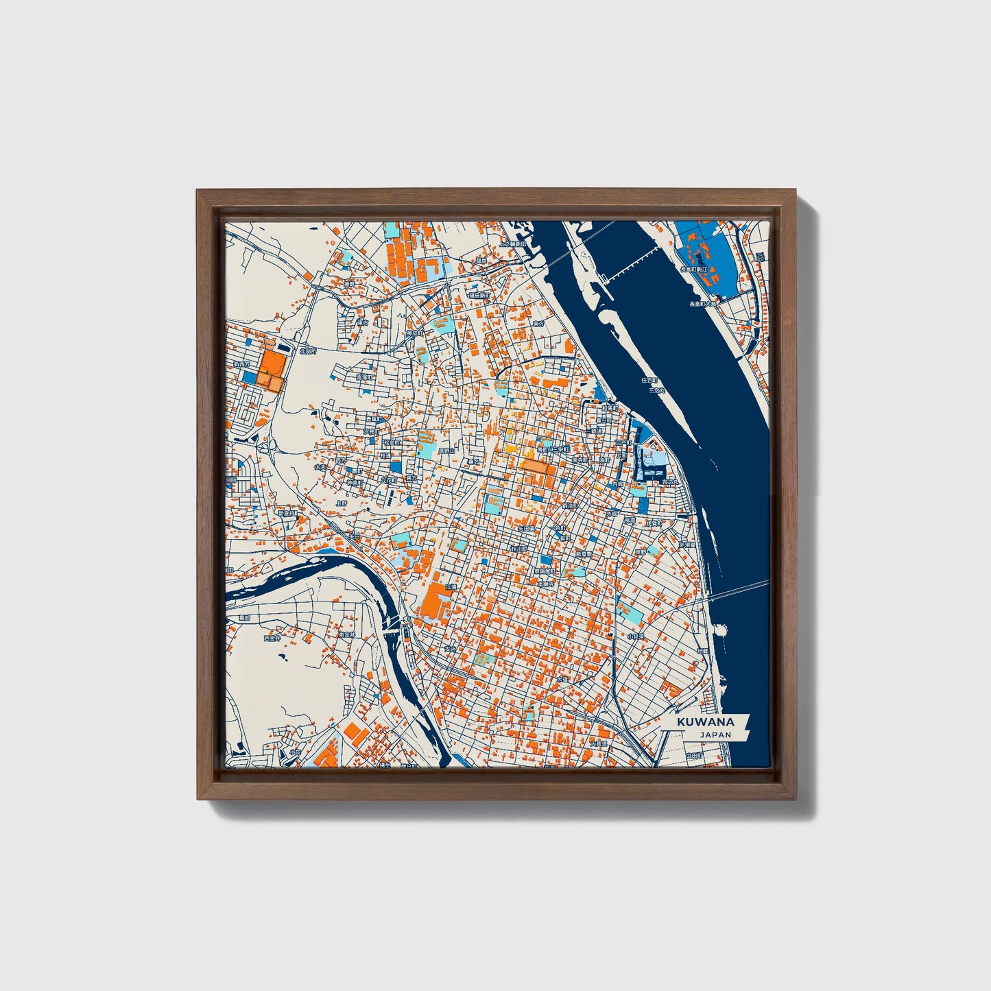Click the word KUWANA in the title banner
[x=705, y=722]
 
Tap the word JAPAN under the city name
[x=715, y=735]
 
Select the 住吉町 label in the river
[x=649, y=379]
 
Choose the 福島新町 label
[x=479, y=295]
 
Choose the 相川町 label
[x=518, y=549]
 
